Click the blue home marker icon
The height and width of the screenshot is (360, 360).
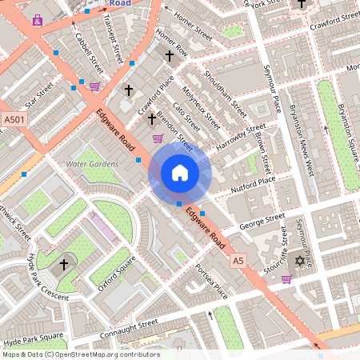[x=180, y=173]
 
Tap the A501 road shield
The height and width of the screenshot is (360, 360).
[x=13, y=120]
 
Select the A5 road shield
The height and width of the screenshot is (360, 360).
[x=238, y=261]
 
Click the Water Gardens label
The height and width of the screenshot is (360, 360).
[x=92, y=164]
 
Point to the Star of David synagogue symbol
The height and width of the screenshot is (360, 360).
[x=302, y=261]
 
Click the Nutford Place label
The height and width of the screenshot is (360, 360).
[x=253, y=185]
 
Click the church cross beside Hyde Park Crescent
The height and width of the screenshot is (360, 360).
[x=65, y=264]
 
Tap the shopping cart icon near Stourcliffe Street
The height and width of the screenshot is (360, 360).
[x=286, y=279]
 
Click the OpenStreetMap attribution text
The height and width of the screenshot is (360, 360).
[x=81, y=354]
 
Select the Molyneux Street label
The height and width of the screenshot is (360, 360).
[x=201, y=108]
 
